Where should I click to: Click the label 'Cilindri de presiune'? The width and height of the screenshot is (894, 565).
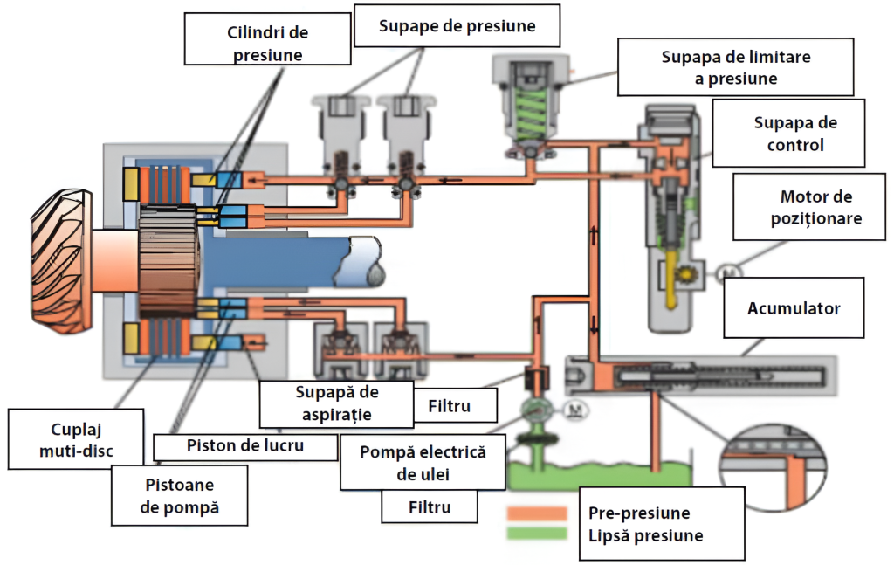pos(268,44)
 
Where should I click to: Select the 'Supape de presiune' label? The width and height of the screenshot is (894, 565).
pos(457,27)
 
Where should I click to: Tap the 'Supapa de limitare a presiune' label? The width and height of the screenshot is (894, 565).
pos(736,67)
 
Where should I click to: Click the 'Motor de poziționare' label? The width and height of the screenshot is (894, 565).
pos(815,207)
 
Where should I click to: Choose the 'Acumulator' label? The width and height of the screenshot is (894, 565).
pos(793,308)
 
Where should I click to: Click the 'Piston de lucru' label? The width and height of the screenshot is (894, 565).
pos(245,446)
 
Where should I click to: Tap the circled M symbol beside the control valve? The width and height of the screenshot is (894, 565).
pos(726,273)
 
